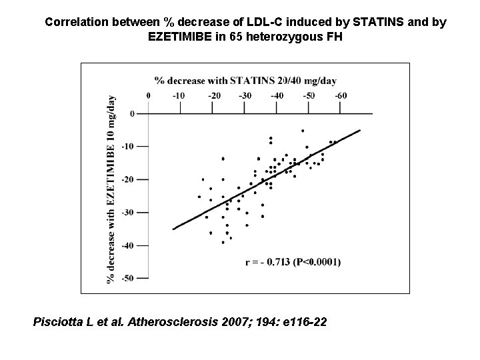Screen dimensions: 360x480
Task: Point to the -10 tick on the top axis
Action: point(179,96)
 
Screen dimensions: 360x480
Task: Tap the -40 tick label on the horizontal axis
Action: point(277,96)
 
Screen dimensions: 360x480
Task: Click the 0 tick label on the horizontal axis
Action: point(148,96)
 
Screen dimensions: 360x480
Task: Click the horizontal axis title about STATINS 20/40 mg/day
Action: point(245,81)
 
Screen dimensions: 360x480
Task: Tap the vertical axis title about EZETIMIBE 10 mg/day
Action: point(111,189)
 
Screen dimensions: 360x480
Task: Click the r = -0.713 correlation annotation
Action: point(293,262)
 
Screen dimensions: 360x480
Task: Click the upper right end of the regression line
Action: point(359,130)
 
